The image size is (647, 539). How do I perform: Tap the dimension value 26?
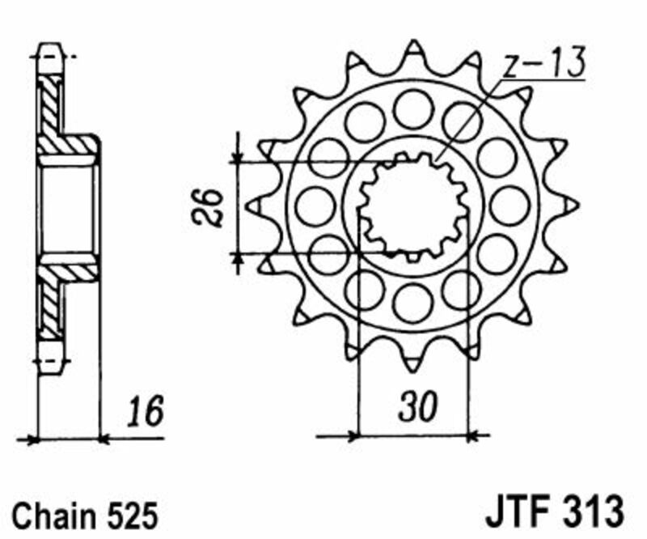pyautogui.click(x=212, y=207)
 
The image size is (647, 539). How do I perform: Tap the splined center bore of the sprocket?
pyautogui.click(x=413, y=206)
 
